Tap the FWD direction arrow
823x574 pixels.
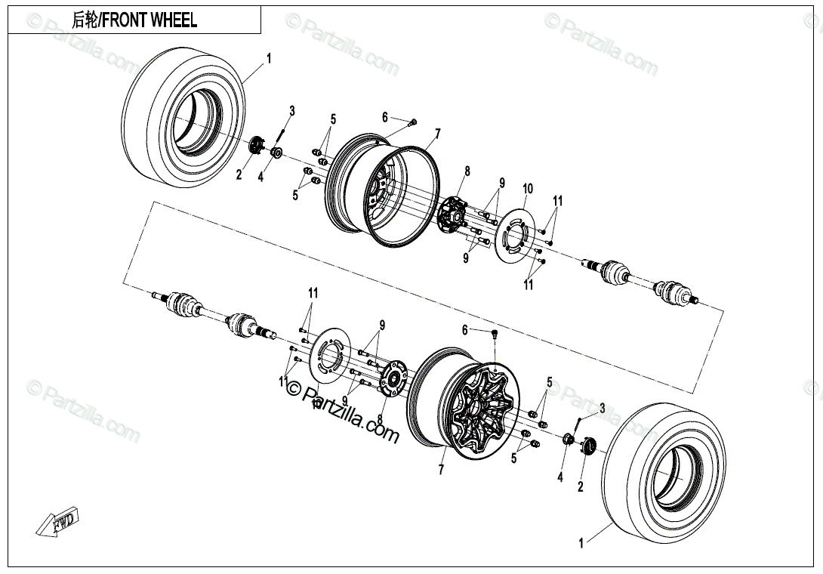click(58, 523)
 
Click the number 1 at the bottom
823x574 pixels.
click(581, 542)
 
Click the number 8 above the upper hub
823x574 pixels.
click(467, 171)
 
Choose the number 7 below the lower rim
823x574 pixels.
click(440, 470)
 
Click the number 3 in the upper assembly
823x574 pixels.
click(292, 112)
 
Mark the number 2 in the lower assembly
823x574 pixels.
click(580, 486)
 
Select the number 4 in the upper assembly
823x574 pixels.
click(261, 177)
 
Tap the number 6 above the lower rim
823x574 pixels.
click(465, 329)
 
